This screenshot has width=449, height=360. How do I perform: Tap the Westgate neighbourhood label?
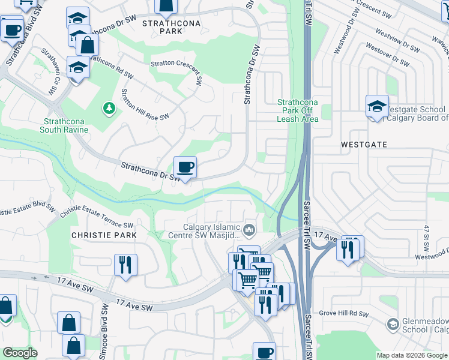364,145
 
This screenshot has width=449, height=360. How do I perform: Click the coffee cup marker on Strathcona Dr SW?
185,168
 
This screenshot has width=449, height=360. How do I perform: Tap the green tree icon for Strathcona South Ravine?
109,108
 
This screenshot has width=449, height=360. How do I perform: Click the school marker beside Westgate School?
377,108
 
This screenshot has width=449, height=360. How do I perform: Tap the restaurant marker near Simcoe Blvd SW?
125,264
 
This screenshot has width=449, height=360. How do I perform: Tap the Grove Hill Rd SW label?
343,313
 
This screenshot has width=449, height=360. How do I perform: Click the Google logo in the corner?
20,353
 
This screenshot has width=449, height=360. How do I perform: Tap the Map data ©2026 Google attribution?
411,355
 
